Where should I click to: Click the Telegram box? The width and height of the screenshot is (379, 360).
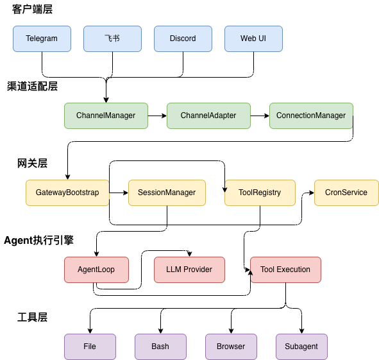[x=42, y=39]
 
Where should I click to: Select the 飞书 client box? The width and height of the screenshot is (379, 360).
[x=112, y=39]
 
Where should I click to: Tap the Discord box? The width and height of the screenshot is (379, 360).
[x=183, y=39]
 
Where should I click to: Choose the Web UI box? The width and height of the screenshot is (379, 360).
[x=253, y=39]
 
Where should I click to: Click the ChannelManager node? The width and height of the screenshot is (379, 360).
[x=106, y=116]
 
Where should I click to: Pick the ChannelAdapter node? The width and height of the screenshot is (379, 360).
[x=208, y=116]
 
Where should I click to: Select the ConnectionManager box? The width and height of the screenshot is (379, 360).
[x=311, y=116]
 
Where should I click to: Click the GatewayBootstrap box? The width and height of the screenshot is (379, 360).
[x=67, y=193]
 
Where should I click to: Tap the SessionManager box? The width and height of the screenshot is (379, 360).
[x=167, y=193]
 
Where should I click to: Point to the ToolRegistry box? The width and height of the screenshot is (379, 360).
[x=260, y=193]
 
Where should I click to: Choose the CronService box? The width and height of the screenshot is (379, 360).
[x=346, y=193]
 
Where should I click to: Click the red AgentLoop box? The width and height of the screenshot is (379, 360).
[x=96, y=270]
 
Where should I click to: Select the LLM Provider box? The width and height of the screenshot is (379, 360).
[x=189, y=270]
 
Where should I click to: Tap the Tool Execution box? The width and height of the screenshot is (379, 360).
[x=285, y=270]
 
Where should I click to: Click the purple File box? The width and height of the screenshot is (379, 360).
[x=90, y=347]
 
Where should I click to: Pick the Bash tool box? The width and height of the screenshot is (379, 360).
[x=160, y=347]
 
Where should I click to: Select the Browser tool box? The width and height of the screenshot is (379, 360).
[x=231, y=347]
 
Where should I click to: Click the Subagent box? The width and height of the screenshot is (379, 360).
[x=301, y=347]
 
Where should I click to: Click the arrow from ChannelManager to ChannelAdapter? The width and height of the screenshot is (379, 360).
[x=157, y=116]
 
